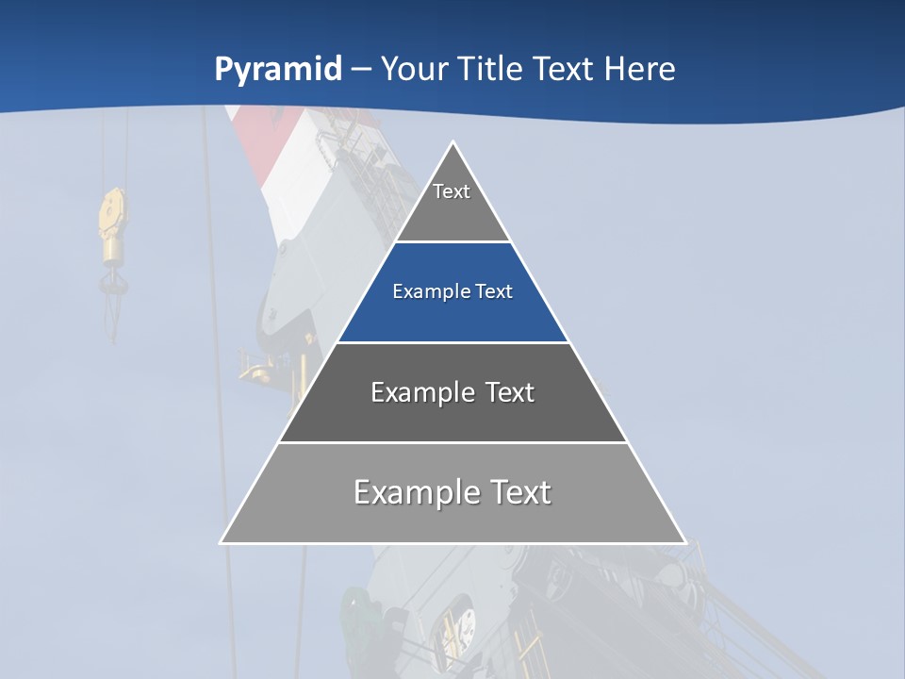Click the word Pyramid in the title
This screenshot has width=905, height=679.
tap(277, 70)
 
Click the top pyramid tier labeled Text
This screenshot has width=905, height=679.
tap(452, 203)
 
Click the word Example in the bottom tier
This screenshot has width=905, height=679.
tap(415, 492)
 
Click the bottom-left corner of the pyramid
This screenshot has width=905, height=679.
tap(222, 542)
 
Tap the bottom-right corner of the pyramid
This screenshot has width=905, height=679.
tap(684, 542)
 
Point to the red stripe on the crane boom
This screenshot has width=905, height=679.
tap(255, 141)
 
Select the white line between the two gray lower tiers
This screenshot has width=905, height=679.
tap(452, 442)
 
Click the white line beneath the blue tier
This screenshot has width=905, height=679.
tap(452, 342)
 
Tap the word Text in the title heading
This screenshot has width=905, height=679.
tap(563, 69)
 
